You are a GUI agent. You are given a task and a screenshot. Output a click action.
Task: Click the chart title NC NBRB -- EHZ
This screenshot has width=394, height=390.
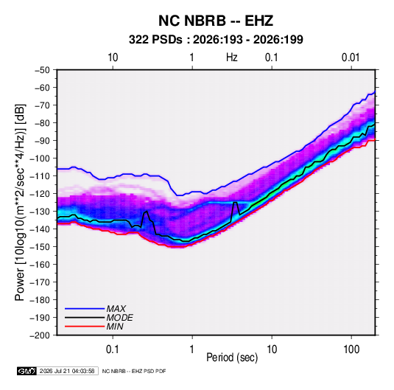216,21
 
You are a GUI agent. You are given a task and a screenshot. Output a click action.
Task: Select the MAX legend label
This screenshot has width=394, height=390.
116,308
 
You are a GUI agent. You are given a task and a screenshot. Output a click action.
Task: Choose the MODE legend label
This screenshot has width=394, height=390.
119,318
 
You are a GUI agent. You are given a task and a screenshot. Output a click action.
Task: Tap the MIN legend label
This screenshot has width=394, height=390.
115,327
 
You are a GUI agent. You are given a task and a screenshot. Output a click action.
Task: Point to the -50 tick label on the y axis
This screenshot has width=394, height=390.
42,70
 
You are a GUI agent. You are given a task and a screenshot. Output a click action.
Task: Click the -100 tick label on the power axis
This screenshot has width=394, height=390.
40,159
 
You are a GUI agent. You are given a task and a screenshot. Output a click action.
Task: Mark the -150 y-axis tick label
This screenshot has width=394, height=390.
40,247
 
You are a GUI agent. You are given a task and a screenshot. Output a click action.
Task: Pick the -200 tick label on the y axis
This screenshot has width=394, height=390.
40,335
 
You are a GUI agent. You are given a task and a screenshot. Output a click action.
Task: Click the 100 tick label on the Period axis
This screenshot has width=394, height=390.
351,349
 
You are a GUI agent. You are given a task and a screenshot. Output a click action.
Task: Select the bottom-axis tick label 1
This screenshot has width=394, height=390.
192,349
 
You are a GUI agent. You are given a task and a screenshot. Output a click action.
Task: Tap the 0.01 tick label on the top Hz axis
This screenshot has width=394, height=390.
351,58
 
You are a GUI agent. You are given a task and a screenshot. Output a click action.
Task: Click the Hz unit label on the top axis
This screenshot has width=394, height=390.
232,58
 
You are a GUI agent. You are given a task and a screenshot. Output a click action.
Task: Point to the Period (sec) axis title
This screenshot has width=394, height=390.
232,358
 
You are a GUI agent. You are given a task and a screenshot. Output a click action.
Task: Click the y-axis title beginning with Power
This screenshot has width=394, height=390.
20,202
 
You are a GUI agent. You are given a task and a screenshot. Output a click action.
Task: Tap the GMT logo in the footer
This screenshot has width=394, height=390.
27,371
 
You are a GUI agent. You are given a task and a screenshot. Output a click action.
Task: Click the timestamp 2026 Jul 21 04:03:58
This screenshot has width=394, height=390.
67,371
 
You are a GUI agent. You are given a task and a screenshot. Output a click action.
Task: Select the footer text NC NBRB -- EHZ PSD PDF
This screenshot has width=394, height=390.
134,371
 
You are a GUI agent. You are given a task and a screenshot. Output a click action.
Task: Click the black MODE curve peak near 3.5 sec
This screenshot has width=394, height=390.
236,202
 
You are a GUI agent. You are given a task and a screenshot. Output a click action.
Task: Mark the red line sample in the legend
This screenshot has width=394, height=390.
85,327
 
